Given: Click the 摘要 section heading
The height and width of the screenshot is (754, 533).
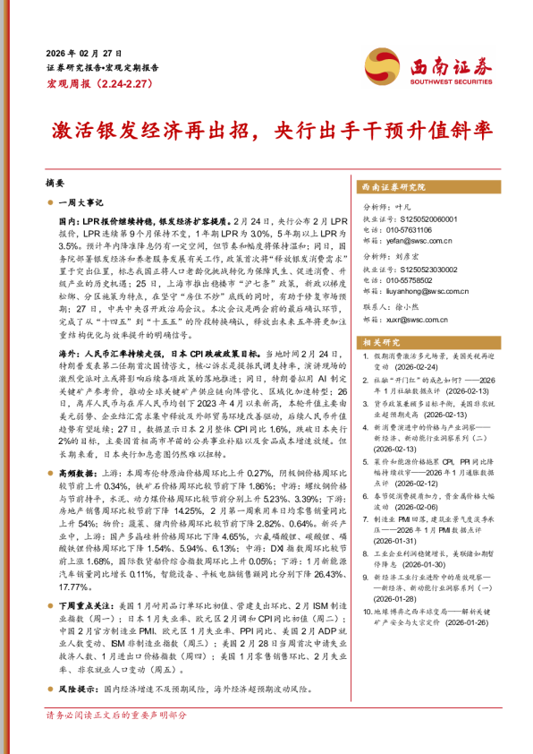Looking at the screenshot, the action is point(55,182).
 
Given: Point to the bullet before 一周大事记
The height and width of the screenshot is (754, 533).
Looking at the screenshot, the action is point(52,204).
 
